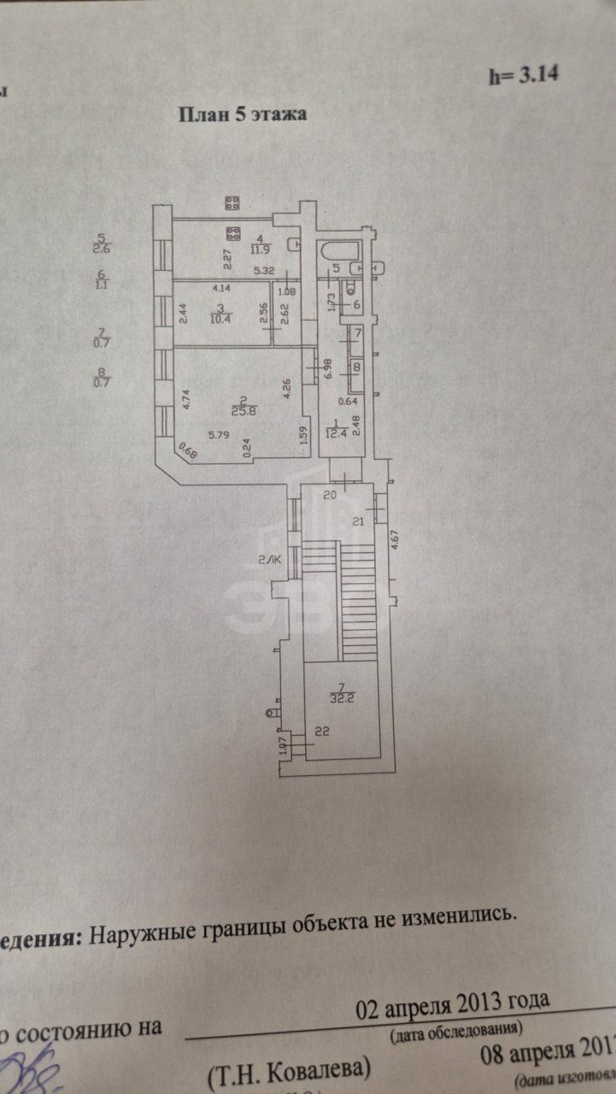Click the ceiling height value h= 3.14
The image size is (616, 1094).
pyautogui.click(x=523, y=74)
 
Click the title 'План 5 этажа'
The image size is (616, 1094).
pyautogui.click(x=242, y=115)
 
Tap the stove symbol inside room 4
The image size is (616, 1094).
pyautogui.click(x=232, y=233)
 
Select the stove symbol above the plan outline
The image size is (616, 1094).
pyautogui.click(x=232, y=203)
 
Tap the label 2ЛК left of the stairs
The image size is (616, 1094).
pyautogui.click(x=270, y=561)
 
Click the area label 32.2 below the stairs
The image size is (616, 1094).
pyautogui.click(x=341, y=697)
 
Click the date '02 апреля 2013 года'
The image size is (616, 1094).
pyautogui.click(x=453, y=1002)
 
